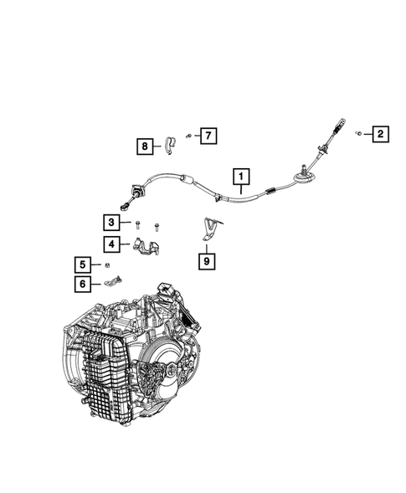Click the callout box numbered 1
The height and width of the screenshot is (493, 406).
click(x=241, y=177)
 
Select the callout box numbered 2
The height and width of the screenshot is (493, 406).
click(x=378, y=133)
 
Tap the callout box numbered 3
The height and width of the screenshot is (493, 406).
click(x=110, y=222)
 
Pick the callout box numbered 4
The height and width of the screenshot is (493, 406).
click(x=110, y=244)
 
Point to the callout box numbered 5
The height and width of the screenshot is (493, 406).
click(x=84, y=265)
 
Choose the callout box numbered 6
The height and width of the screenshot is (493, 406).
click(x=84, y=284)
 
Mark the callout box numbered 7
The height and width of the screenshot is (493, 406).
click(x=207, y=134)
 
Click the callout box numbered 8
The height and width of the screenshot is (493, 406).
click(x=146, y=147)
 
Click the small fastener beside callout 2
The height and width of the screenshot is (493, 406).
click(x=357, y=132)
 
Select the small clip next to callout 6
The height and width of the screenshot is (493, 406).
click(x=115, y=282)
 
